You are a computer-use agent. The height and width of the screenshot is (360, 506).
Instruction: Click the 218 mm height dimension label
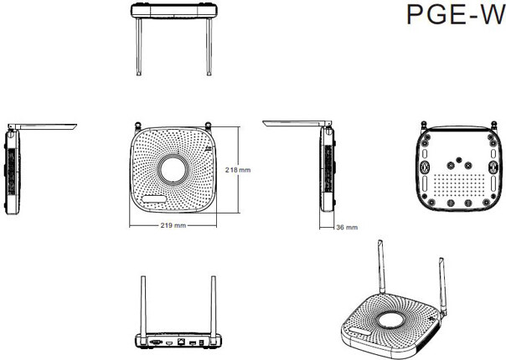pyautogui.click(x=238, y=170)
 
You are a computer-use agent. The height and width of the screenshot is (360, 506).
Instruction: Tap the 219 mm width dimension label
pyautogui.click(x=173, y=225)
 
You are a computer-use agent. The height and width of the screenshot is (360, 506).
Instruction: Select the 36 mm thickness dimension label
pyautogui.click(x=347, y=227)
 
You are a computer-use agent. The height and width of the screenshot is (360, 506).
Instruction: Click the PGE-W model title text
pyautogui.click(x=456, y=14)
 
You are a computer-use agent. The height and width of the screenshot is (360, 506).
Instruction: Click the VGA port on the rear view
pyautogui.click(x=156, y=342)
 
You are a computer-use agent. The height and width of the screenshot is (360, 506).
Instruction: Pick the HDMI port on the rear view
pyautogui.click(x=169, y=343)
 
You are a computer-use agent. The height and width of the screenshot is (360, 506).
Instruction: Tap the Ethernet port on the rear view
pyautogui.click(x=181, y=342)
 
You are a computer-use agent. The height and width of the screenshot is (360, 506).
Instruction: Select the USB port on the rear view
pyautogui.click(x=193, y=342)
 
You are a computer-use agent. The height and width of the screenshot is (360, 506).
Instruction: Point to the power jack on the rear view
pyautogui.click(x=201, y=342)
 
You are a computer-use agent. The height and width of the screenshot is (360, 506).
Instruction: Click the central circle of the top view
pyautogui.click(x=173, y=169)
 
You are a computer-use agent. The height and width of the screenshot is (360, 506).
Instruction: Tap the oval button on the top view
pyautogui.click(x=154, y=199)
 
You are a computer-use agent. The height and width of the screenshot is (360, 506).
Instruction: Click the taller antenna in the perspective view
pyautogui.click(x=381, y=267)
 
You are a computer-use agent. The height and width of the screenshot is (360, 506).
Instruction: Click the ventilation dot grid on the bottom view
pyautogui.click(x=459, y=187)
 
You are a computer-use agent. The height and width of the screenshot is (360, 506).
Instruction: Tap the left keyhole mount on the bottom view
pyautogui.click(x=424, y=167)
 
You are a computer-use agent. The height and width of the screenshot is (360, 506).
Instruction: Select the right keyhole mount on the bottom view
pyautogui.click(x=493, y=167)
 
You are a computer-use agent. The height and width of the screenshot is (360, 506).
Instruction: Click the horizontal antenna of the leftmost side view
pyautogui.click(x=43, y=126)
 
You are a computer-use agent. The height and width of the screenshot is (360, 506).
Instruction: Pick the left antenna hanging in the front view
pyautogui.click(x=139, y=47)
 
